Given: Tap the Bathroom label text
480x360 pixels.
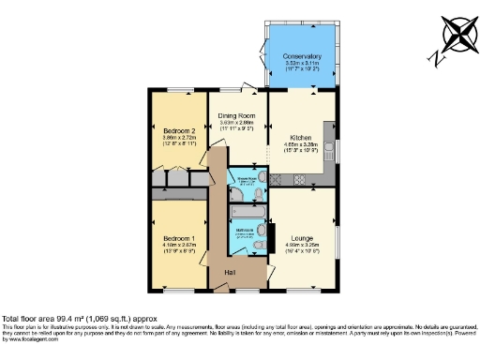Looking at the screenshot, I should click(243, 229).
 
